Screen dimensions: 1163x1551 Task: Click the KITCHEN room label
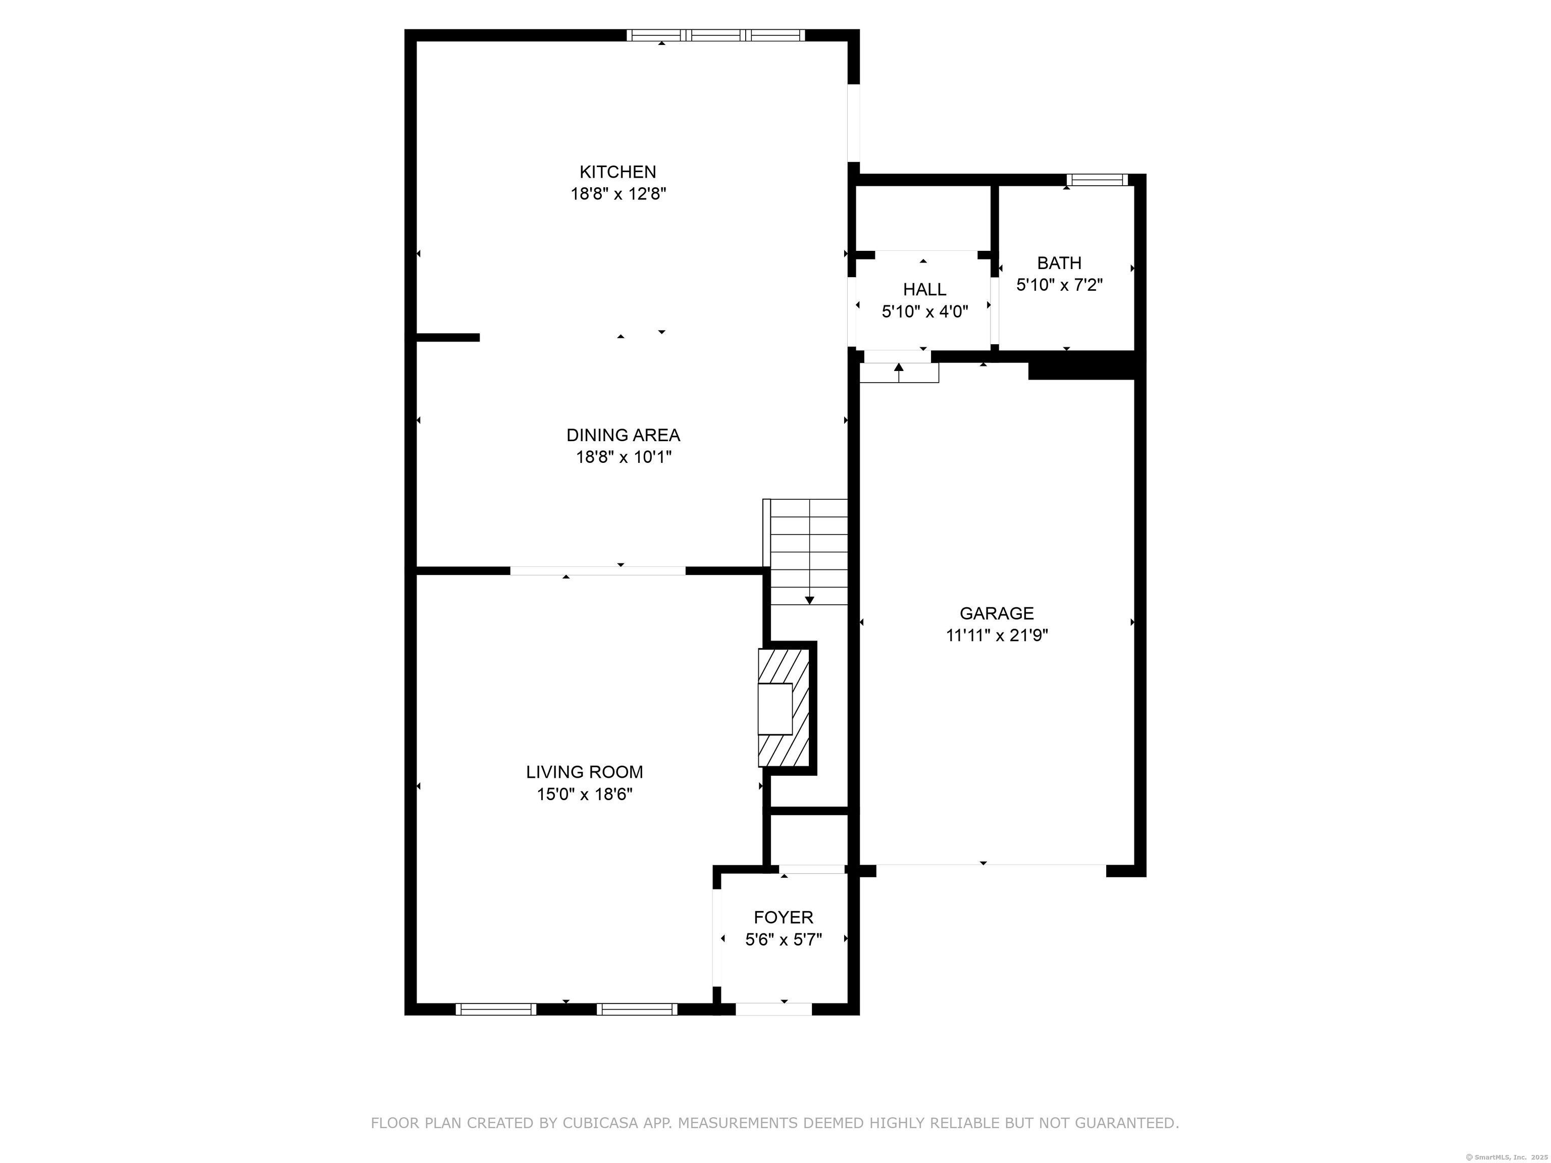coord(618,172)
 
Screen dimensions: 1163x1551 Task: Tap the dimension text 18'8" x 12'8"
coord(618,194)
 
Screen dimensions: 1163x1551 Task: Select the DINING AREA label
coord(623,435)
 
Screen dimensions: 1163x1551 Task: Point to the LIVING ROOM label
coord(584,772)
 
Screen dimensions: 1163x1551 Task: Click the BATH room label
coord(1059,263)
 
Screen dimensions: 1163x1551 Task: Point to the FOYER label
coord(783,917)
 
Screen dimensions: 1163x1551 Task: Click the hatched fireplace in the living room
coord(784,708)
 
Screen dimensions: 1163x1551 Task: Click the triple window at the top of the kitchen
coord(715,35)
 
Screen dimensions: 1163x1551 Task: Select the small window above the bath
coord(1097,180)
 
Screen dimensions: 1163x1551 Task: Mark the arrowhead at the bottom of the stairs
coord(809,600)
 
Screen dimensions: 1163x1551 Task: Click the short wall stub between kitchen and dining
coord(448,337)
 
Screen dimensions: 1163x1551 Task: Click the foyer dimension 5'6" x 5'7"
coord(783,939)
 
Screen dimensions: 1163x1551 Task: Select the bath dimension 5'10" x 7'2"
coord(1059,285)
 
